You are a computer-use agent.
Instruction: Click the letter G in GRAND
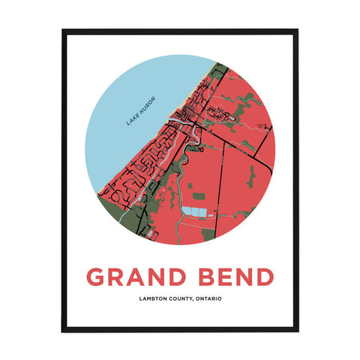(x=96, y=277)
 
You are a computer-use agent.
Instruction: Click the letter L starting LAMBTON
(x=139, y=300)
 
